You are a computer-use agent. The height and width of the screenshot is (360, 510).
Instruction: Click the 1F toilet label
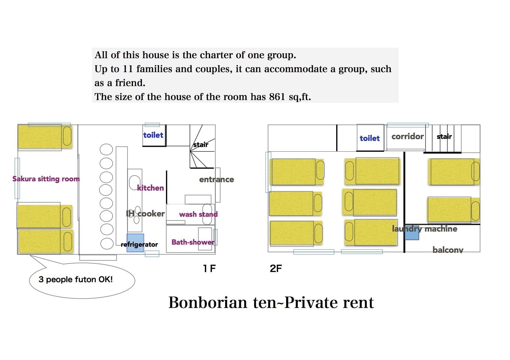tap(153, 135)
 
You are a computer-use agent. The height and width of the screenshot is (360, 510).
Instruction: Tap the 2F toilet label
tap(370, 138)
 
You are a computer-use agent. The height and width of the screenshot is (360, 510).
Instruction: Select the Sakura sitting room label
tap(46, 179)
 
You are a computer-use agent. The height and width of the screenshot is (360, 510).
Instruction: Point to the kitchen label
tap(151, 188)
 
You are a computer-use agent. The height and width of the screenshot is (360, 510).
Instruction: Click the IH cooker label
tap(145, 214)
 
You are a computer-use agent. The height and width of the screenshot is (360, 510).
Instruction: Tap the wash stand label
tap(198, 214)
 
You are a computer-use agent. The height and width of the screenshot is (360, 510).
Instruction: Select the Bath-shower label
tap(193, 242)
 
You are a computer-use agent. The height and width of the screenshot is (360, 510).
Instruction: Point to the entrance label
tap(216, 180)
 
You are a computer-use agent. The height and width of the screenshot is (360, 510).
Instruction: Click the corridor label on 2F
tap(407, 137)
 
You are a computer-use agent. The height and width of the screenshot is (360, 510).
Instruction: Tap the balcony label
tap(448, 250)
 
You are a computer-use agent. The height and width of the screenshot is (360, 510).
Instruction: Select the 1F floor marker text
tap(209, 268)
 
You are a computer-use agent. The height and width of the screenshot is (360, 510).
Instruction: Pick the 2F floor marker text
tap(276, 268)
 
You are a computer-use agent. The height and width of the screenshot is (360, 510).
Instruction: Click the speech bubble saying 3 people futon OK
tap(76, 280)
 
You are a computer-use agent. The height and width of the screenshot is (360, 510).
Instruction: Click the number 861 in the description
tap(277, 97)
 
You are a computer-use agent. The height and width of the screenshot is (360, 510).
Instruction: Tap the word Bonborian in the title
tap(208, 302)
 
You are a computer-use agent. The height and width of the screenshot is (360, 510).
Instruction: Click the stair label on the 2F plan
tap(444, 137)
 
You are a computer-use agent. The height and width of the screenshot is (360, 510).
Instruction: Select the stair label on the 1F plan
tap(201, 144)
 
